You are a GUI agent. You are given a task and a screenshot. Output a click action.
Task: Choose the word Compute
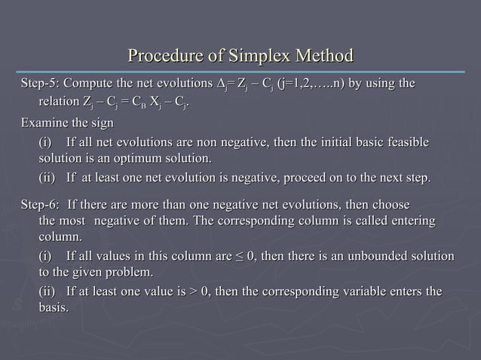tap(92, 82)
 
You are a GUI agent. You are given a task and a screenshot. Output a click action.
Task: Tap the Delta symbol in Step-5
tap(220, 82)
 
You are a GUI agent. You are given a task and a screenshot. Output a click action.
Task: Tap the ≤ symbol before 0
tap(242, 257)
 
